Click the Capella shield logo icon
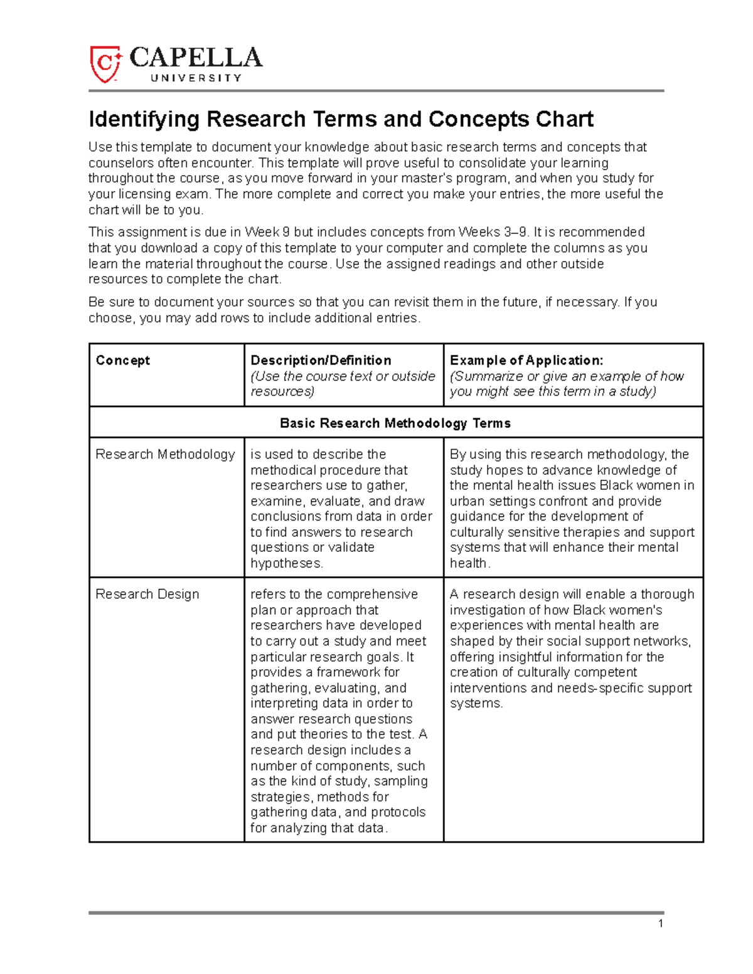(104, 63)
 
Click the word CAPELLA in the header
(196, 58)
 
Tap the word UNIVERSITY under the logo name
(196, 78)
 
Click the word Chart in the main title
(564, 119)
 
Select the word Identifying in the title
(144, 119)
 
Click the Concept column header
(122, 360)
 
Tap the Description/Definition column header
(321, 360)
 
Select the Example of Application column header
(526, 360)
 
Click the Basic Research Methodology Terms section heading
(395, 423)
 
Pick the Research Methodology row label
(165, 454)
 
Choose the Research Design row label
(147, 594)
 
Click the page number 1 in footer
(661, 923)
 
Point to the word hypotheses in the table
(286, 563)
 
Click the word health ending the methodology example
(468, 563)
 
